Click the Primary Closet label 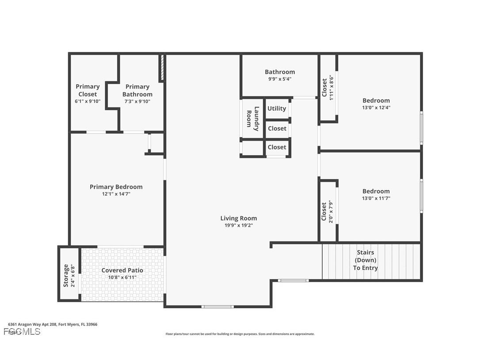point(88,90)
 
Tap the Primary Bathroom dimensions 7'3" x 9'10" point(137,101)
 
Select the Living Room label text point(238,218)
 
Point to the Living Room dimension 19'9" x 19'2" point(238,226)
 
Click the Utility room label point(277,108)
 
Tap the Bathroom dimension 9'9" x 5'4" point(279,79)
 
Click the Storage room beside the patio point(69,275)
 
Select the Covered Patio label point(122,270)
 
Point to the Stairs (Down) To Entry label point(365,260)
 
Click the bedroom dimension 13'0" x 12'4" point(376,107)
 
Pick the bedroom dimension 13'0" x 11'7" point(376,199)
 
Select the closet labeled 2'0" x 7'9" point(328,212)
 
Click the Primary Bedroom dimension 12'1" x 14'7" point(116,194)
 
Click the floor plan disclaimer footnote point(240,334)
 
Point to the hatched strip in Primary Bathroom point(162,68)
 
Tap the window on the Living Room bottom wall point(217,306)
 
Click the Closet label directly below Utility point(277,128)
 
